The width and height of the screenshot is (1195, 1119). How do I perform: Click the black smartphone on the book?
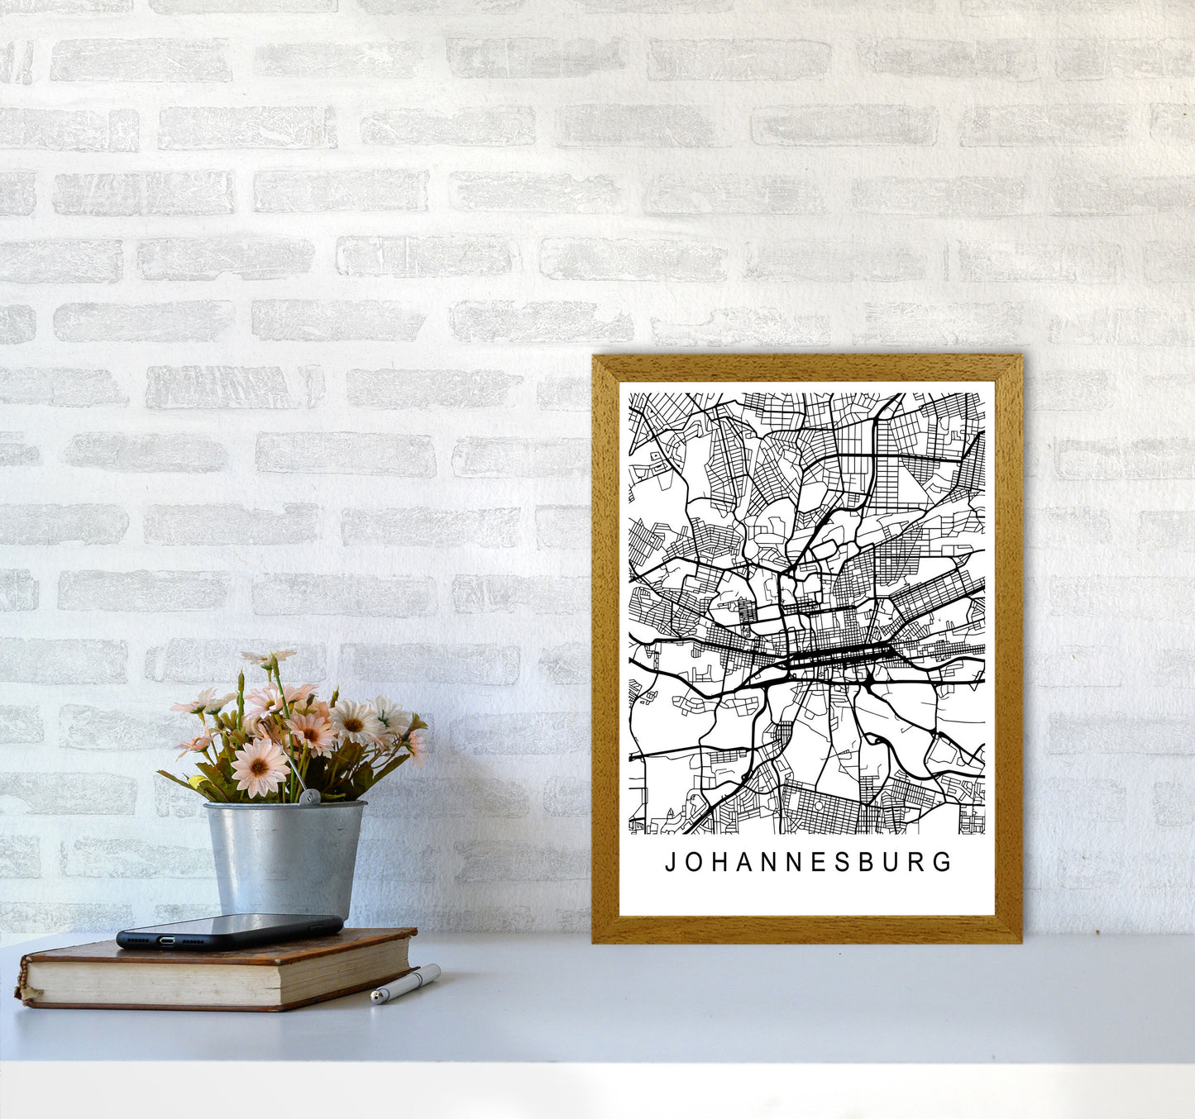coord(229,931)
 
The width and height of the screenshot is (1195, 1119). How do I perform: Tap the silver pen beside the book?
coord(405,983)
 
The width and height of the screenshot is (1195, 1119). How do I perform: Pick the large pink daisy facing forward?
coord(259,766)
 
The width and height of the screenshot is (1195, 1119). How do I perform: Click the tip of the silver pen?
coord(374,999)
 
